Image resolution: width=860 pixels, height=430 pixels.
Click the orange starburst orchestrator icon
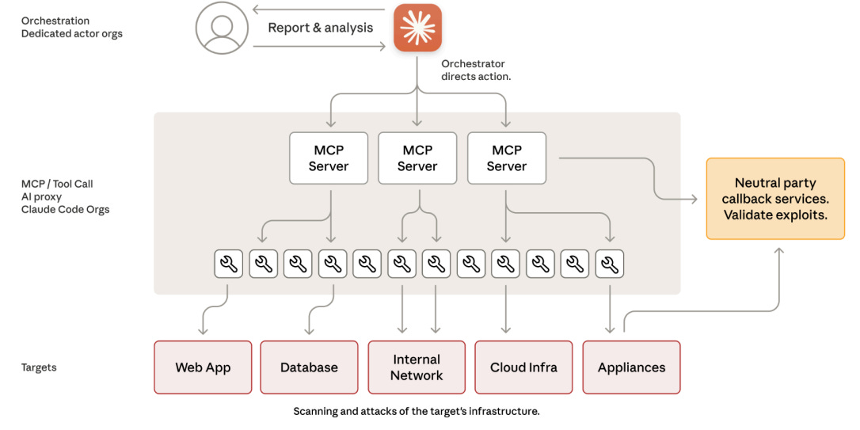[x=417, y=28]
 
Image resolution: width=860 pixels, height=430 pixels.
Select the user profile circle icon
[x=221, y=28]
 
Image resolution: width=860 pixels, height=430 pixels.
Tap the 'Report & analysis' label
[x=320, y=28]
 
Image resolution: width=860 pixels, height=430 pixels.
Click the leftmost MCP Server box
[x=329, y=158]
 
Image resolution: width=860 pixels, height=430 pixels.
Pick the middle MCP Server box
[x=417, y=158]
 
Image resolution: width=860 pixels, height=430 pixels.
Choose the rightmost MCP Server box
[x=506, y=158]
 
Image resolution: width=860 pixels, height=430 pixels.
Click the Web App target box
[x=203, y=367]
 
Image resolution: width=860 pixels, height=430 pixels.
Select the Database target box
[x=309, y=367]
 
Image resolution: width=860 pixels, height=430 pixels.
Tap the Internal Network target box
[x=417, y=367]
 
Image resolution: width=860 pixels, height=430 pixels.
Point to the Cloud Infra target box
[x=523, y=367]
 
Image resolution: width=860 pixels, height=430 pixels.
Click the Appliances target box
[x=631, y=367]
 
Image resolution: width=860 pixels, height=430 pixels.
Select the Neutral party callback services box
[x=775, y=199]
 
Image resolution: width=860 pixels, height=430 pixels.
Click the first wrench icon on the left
[x=228, y=264]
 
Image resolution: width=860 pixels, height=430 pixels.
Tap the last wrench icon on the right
[x=609, y=264]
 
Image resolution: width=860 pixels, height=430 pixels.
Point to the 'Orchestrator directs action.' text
[x=476, y=70]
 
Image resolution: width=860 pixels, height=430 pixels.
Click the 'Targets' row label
[x=39, y=367]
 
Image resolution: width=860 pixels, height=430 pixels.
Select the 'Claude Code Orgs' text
[x=65, y=209]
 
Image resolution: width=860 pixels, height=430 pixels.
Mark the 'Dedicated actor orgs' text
[x=72, y=33]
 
